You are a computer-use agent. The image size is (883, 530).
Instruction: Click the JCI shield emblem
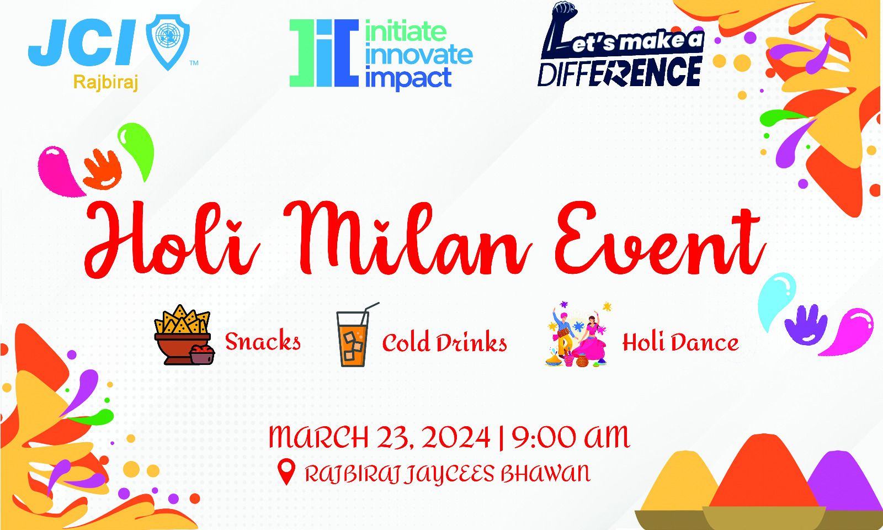click(x=168, y=42)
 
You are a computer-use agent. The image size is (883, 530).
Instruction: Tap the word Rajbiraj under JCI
click(x=105, y=83)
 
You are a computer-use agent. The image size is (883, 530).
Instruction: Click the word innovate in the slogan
click(x=419, y=55)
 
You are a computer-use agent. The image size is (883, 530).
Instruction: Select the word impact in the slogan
click(x=408, y=78)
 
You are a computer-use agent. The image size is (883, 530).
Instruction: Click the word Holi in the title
click(x=172, y=239)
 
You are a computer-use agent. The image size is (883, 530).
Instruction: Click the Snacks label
click(x=263, y=342)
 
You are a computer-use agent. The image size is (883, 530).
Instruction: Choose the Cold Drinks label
click(x=445, y=342)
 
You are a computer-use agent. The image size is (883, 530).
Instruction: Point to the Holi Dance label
click(x=680, y=342)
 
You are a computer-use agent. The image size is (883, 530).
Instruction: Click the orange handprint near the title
click(x=102, y=169)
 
